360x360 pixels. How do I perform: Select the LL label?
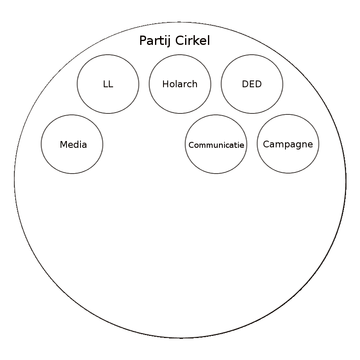coord(108,84)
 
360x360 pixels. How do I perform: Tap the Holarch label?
coord(180,84)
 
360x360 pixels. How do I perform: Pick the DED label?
coord(252,84)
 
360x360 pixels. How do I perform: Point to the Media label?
coord(73,145)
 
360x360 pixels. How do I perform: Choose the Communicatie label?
coord(216,145)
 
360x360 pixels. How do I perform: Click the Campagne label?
coord(288,144)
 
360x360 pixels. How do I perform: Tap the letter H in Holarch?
coord(166,84)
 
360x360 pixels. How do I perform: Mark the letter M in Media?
coord(64,145)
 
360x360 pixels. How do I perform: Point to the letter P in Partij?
coord(143,41)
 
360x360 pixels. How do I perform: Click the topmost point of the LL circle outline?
coord(108,55)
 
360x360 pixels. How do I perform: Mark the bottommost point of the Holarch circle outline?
coord(180,114)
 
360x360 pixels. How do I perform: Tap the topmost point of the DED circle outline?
coord(252,55)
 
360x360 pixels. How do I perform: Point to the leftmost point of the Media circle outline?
coord(41,144)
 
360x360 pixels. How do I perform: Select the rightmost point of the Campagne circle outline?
coord(319,144)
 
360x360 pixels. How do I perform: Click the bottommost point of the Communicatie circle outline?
coord(216,174)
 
